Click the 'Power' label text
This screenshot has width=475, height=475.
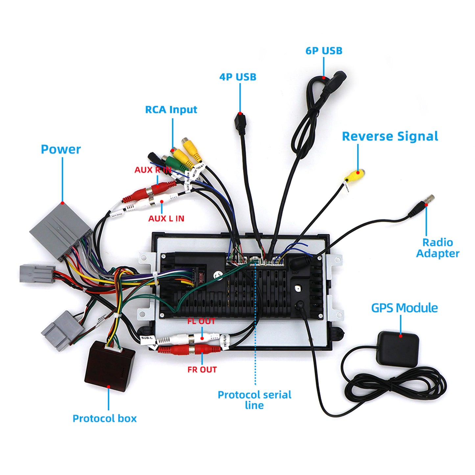(60, 149)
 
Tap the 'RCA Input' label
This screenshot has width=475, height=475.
(171, 109)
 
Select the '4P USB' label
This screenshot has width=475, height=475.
(238, 77)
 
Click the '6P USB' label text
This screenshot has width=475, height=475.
(324, 51)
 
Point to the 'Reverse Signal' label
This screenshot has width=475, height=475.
(390, 136)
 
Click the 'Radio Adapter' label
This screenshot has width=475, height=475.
(438, 248)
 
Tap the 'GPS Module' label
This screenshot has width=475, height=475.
(404, 308)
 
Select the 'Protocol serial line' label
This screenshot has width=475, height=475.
(254, 400)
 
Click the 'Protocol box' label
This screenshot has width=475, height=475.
(105, 418)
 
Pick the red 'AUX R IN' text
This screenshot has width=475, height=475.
(153, 170)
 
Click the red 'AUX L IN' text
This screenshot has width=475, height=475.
(166, 219)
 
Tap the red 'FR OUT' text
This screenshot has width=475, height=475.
(202, 370)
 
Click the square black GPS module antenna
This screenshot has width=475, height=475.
(398, 348)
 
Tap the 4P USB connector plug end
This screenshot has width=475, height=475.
(241, 123)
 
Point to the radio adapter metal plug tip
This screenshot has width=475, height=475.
(429, 199)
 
